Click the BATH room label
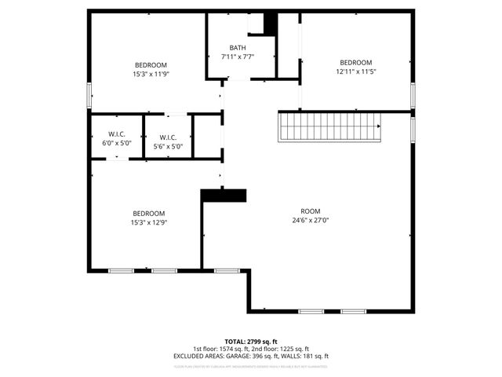click(238, 48)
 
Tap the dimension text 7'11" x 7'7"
click(238, 57)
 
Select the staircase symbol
click(329, 126)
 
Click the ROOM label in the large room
click(311, 211)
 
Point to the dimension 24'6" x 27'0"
click(311, 221)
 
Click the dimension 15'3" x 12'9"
click(149, 222)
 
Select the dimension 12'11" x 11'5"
click(355, 71)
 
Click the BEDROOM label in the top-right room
click(355, 63)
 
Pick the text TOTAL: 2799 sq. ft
click(251, 342)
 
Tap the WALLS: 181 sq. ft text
click(306, 356)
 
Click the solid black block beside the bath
click(271, 24)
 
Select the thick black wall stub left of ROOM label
click(224, 195)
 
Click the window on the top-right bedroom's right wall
click(413, 94)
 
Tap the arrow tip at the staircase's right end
click(380, 126)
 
